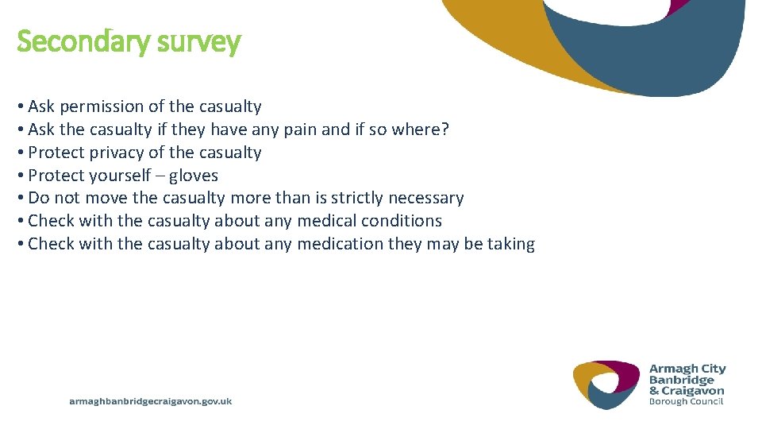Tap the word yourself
[x=119, y=176]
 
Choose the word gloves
[x=193, y=176]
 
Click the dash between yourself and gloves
[x=160, y=176]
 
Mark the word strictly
[x=352, y=198]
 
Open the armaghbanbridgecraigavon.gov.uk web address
[x=151, y=402]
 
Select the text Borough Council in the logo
[x=686, y=401]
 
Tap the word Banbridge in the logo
[x=681, y=380]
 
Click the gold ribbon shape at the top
[x=508, y=40]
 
